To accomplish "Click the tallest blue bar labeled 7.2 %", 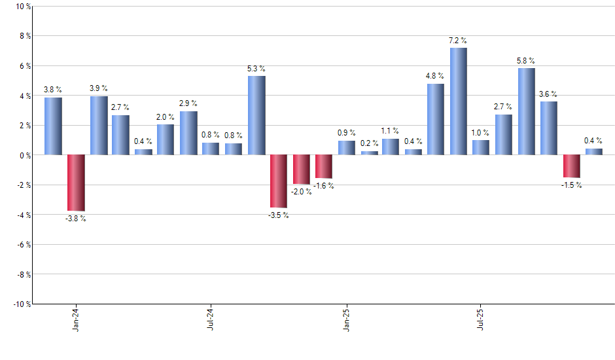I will click(x=458, y=101).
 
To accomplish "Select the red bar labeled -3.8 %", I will click(x=76, y=183).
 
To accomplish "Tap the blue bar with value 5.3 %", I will click(x=256, y=116).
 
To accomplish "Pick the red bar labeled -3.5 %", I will click(x=279, y=181).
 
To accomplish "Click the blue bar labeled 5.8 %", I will click(x=526, y=112).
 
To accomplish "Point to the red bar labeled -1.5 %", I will click(x=571, y=166).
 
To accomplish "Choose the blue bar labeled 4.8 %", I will click(x=436, y=120).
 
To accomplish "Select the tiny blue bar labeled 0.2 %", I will click(x=369, y=153).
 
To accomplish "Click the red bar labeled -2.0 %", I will click(x=302, y=170).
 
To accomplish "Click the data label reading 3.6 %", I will click(x=548, y=94).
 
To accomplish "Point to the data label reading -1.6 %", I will click(x=323, y=186).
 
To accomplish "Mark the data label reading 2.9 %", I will click(x=188, y=104).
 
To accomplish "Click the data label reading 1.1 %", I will click(x=391, y=131).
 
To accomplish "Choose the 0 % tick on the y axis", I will click(x=24, y=155).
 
